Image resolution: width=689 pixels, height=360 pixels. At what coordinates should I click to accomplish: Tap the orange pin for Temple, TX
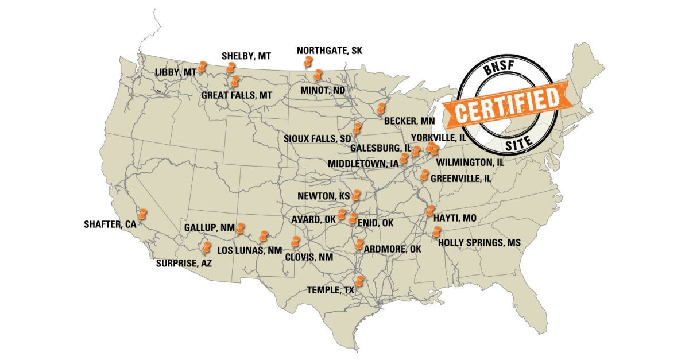coord(360,281)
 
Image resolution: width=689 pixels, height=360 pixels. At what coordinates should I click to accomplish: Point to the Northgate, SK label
coord(330,51)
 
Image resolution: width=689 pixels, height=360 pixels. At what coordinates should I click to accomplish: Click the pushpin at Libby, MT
coord(202,68)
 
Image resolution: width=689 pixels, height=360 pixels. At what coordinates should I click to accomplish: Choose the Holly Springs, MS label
coord(479,243)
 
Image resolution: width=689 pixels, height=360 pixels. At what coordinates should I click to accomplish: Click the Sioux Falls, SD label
coord(317,139)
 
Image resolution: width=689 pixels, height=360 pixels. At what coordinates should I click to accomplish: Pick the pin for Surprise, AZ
coord(206,247)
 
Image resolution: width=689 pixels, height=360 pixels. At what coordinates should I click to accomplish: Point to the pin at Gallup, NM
coord(241,229)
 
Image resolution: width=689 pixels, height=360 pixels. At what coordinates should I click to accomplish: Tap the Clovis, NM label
coord(308,257)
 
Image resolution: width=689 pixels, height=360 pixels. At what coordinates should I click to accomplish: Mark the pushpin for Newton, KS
coord(356,196)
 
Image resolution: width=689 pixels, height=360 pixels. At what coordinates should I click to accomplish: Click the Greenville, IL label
coord(461,179)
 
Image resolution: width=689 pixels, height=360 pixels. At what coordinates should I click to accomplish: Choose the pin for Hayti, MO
coord(430,211)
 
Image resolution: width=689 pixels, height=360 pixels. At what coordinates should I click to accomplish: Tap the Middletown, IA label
coord(363,164)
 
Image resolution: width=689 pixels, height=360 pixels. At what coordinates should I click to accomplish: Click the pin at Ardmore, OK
coord(360,245)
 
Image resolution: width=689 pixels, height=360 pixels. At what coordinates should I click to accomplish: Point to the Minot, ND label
coord(323,90)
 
